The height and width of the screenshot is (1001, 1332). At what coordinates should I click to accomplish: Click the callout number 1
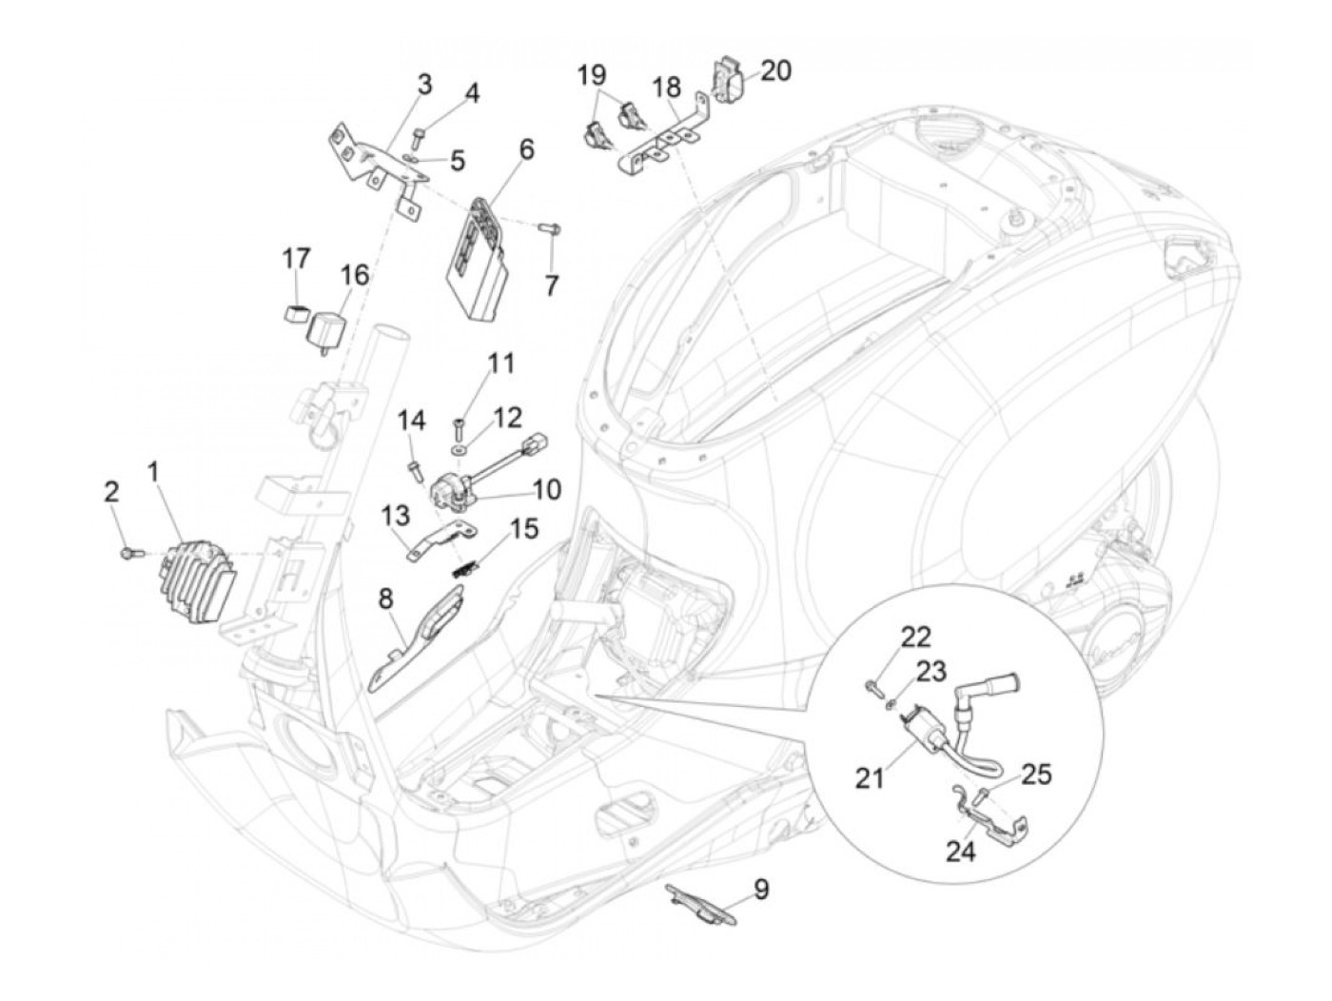[154, 471]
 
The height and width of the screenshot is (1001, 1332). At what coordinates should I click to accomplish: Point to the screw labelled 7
[551, 228]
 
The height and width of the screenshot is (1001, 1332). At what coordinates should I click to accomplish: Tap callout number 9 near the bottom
[761, 890]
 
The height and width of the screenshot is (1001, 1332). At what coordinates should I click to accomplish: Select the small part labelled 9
[703, 904]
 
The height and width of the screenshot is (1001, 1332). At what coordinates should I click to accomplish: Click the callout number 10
[547, 490]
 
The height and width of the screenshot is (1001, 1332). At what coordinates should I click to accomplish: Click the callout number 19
[591, 73]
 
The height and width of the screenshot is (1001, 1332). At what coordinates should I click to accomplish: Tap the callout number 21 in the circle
[870, 777]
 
